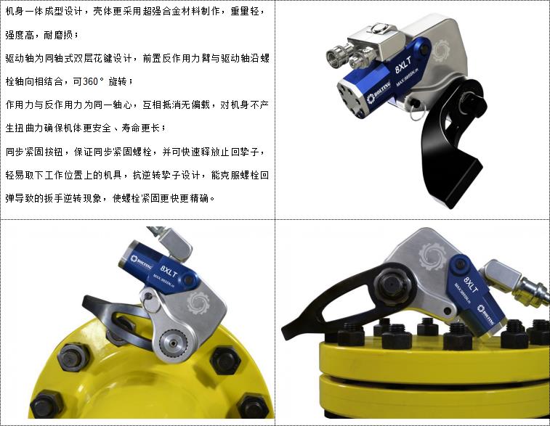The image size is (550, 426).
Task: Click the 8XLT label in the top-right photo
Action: click(403, 65)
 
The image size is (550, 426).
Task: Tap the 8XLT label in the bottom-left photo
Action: click(169, 271)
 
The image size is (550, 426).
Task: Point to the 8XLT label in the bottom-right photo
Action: click(471, 284)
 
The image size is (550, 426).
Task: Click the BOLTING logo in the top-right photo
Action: click(379, 92)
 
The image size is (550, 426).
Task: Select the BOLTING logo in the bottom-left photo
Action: click(141, 261)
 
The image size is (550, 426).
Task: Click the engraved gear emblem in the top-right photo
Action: click(440, 51)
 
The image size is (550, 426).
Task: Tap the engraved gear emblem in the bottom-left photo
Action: click(198, 303)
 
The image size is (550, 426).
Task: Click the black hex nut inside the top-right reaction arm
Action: click(468, 102)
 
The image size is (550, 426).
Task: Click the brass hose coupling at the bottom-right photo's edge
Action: click(533, 289)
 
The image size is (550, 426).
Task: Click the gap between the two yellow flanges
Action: click(432, 374)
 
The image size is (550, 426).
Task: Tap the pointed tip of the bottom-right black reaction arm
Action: click(285, 335)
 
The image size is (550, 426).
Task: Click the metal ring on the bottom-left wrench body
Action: click(150, 304)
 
